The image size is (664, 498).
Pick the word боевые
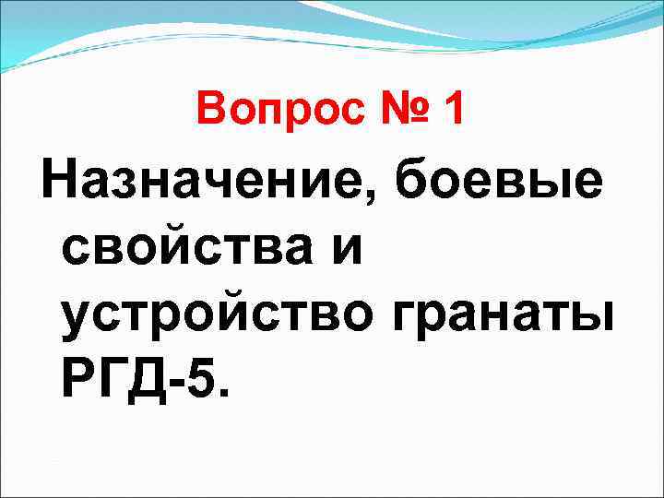click(502, 183)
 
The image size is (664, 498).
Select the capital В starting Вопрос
click(210, 112)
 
